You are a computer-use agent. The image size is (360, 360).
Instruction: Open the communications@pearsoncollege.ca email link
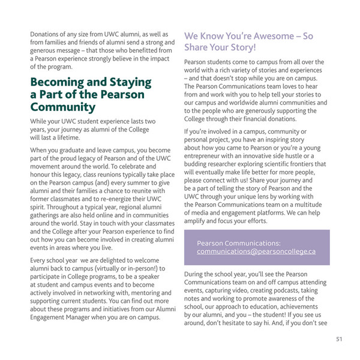coord(256,251)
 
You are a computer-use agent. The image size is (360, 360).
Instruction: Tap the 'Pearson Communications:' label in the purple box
coord(238,243)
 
